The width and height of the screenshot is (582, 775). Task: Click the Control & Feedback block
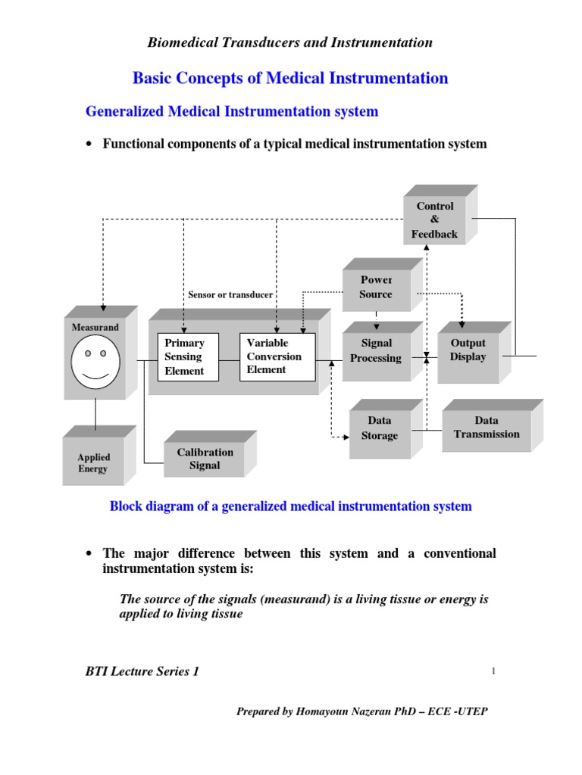(x=434, y=220)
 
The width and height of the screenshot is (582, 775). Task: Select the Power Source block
(x=376, y=287)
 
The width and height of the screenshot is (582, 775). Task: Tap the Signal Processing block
(x=376, y=350)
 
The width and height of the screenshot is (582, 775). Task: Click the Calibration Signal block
(x=205, y=459)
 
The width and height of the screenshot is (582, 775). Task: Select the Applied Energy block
(x=93, y=462)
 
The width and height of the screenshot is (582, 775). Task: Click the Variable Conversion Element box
(x=277, y=356)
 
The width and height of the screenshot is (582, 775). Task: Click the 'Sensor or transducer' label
(x=230, y=294)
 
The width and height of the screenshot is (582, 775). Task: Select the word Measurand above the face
(x=95, y=327)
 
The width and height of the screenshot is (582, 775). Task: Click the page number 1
(x=493, y=671)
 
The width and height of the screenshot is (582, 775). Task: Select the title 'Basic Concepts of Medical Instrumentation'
(x=290, y=78)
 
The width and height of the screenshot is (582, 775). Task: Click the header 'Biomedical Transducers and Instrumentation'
(x=290, y=42)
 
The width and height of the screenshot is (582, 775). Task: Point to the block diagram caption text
(x=291, y=506)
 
